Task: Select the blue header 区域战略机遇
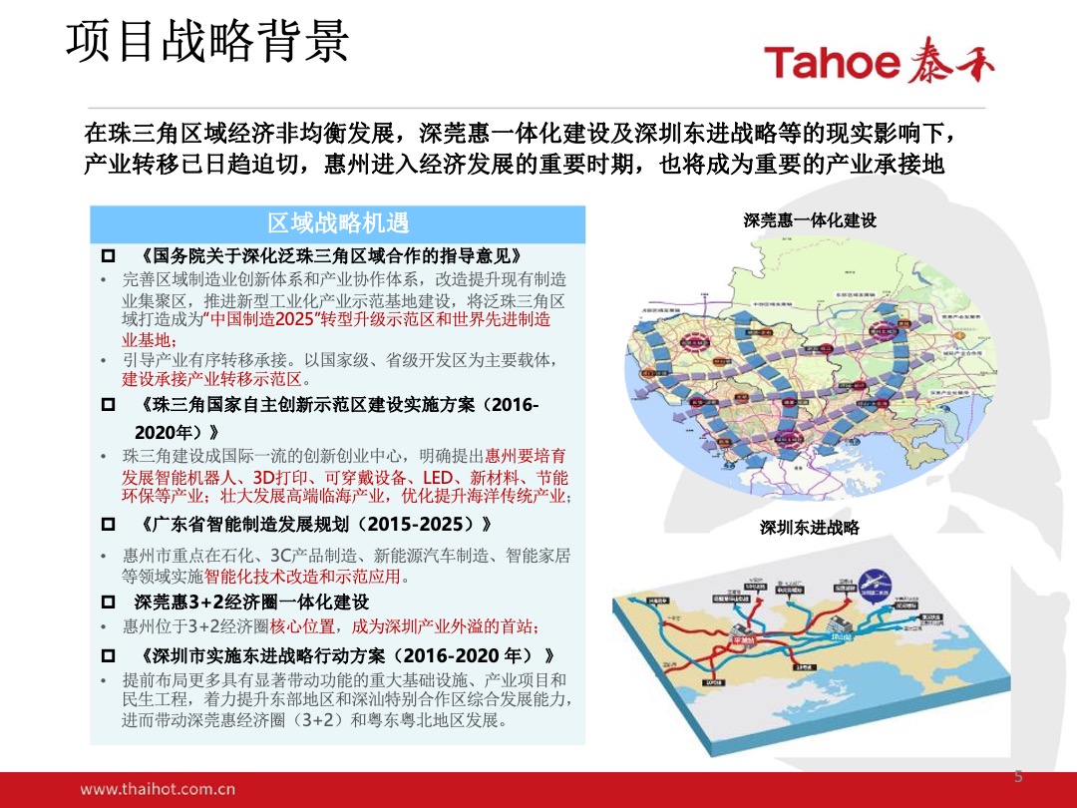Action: (x=338, y=221)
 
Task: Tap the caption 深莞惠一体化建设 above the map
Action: (x=810, y=220)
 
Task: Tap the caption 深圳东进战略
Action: (x=810, y=528)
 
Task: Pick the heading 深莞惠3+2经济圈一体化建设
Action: (x=251, y=602)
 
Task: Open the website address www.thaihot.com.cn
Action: (x=158, y=789)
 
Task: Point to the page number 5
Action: (x=1018, y=777)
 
